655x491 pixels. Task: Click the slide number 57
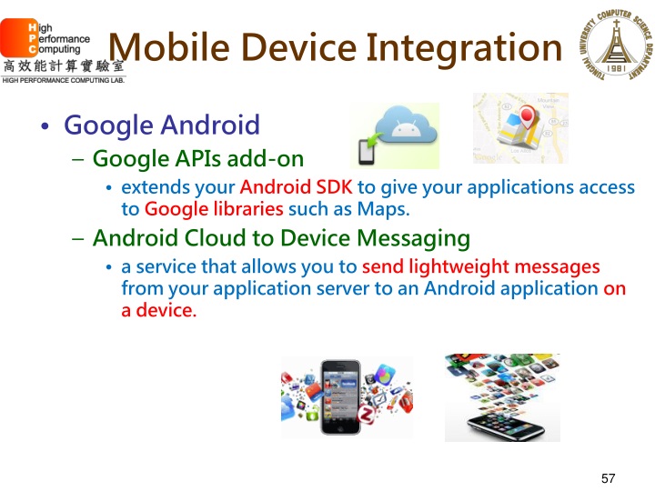click(x=609, y=477)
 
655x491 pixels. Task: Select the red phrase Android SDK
click(x=296, y=188)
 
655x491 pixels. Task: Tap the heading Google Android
click(x=163, y=125)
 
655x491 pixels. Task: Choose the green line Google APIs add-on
click(x=198, y=159)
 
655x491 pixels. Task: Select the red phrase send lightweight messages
click(x=480, y=267)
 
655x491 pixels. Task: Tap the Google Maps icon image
click(x=519, y=128)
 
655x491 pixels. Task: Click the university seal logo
click(x=612, y=46)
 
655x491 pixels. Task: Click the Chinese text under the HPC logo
click(x=63, y=66)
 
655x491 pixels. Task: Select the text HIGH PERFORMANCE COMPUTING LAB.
click(x=63, y=80)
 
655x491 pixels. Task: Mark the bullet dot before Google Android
click(x=45, y=126)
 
